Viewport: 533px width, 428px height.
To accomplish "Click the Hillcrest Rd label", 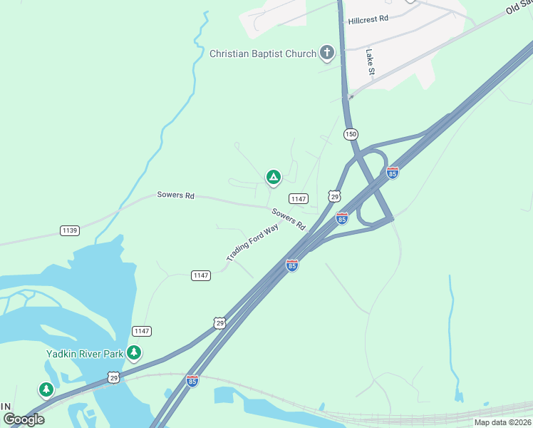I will point(368,20).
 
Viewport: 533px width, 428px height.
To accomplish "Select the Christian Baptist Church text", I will point(262,53).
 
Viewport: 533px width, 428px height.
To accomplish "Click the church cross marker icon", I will point(326,52).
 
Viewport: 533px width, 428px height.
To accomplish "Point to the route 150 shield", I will point(350,134).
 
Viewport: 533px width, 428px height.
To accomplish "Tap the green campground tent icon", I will point(272,177).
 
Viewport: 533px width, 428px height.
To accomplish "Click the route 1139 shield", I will point(70,230).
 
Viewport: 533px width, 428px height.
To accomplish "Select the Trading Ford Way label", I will point(252,243).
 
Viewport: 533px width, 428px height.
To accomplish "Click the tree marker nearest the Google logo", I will point(46,389).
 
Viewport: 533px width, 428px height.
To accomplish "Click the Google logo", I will point(24,419).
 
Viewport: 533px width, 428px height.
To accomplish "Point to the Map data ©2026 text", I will point(502,422).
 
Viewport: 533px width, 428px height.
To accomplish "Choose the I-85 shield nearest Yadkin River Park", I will point(192,381).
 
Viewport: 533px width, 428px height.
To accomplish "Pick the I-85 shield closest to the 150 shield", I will point(392,173).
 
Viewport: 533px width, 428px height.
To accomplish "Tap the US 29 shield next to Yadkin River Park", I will point(113,377).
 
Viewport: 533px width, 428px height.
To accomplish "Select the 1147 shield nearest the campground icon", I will point(298,198).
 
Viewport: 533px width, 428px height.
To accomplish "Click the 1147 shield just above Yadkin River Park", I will point(141,331).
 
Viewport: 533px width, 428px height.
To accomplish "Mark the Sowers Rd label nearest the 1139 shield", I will point(175,195).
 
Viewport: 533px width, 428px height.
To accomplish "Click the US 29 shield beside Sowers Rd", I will point(334,196).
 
